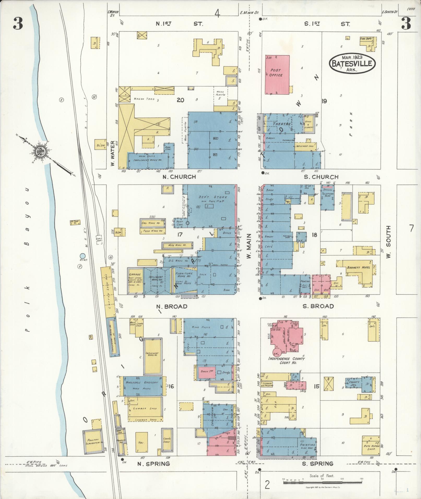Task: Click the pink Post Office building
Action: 277,75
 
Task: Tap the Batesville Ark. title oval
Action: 352,63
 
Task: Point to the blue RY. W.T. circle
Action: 82,256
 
